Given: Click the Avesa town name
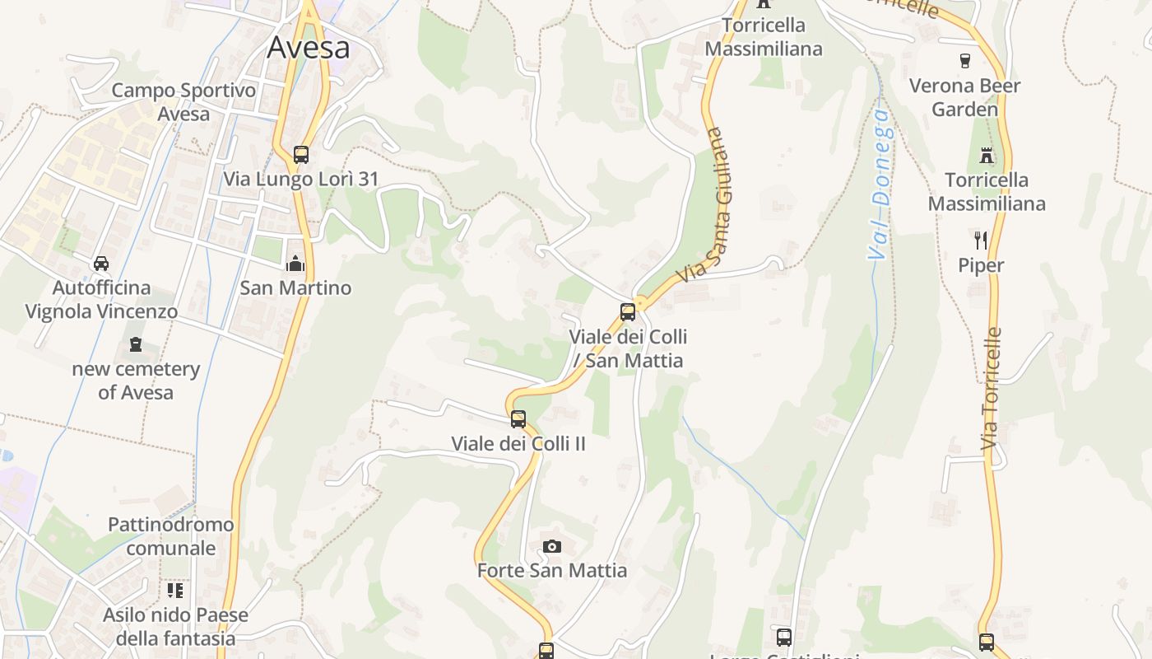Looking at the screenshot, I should pos(309,48).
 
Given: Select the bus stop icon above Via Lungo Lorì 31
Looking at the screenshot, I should pos(301,154).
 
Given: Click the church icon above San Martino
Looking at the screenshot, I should pos(295,264).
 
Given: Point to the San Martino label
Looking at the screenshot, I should pos(295,287).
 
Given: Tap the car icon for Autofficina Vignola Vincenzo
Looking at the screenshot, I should pos(101,264).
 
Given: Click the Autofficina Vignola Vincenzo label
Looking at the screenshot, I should pos(101,300).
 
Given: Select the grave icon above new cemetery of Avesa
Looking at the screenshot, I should pos(136,344).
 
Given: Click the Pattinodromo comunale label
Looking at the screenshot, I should pos(171,536).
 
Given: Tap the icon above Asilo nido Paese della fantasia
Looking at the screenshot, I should pos(175,591).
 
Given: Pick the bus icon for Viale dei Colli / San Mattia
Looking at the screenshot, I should pos(628,312).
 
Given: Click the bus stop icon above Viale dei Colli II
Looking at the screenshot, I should pos(518,418).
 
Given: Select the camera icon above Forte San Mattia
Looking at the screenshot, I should pos(552,546).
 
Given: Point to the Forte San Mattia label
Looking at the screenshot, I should pos(552,570).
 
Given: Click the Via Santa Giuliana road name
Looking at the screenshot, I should pos(704,204).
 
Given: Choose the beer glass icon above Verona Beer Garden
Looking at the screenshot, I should pos(965,60).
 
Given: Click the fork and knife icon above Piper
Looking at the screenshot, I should pos(981,241).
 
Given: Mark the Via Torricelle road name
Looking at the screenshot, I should pos(992,389).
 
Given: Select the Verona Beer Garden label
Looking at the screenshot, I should pos(964,97).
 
